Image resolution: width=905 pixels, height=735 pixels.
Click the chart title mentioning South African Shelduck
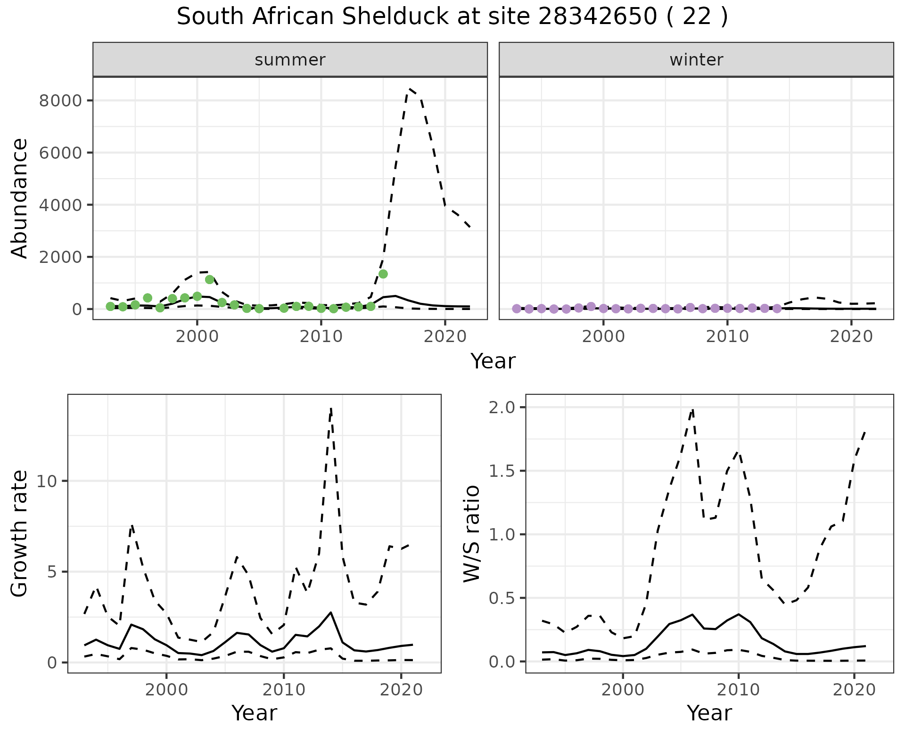click(452, 17)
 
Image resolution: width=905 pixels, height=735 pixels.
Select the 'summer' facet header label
click(290, 60)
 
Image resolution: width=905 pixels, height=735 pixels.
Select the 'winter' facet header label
click(696, 60)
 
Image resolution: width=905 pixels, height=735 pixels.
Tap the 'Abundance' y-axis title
click(19, 198)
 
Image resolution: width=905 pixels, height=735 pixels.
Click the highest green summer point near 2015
click(383, 274)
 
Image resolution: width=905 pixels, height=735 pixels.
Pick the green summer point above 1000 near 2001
click(210, 279)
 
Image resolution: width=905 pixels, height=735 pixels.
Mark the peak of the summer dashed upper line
click(410, 89)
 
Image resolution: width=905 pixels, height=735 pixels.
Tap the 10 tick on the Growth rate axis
click(49, 481)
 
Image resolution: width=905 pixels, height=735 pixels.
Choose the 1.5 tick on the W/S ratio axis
click(502, 471)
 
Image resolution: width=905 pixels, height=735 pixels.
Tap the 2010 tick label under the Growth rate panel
click(283, 690)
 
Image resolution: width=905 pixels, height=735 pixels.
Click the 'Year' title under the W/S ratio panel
click(709, 713)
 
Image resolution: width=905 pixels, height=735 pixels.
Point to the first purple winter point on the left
click(517, 309)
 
